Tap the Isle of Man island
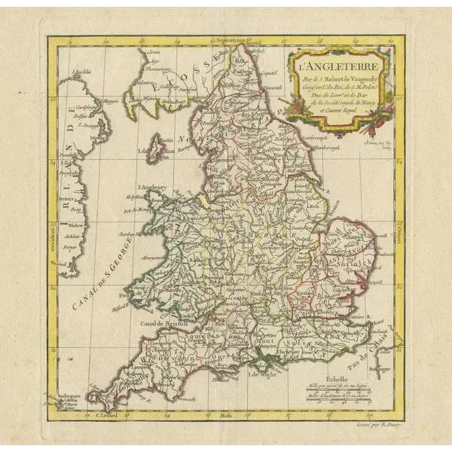(157, 148)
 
